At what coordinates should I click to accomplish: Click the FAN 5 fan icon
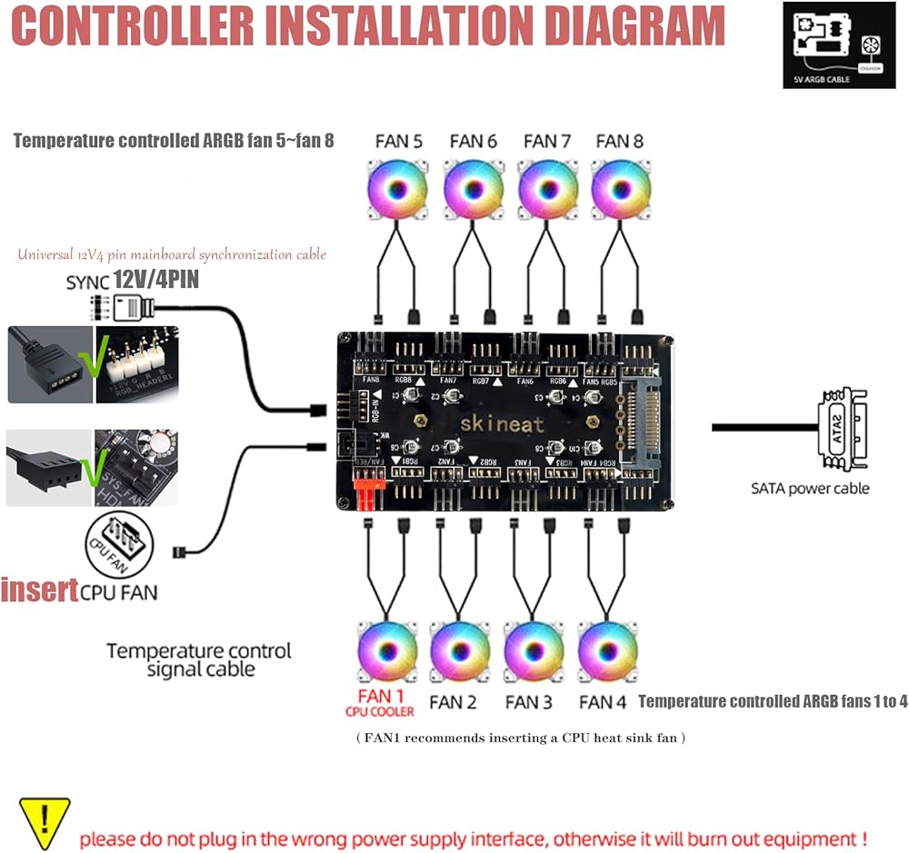pyautogui.click(x=397, y=189)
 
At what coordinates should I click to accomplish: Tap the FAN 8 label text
pyautogui.click(x=619, y=141)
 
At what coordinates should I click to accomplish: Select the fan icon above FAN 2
pyautogui.click(x=460, y=650)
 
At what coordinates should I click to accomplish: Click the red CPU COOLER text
pyautogui.click(x=380, y=711)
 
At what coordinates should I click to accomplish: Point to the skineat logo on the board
pyautogui.click(x=501, y=424)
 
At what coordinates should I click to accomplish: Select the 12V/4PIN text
pyautogui.click(x=155, y=281)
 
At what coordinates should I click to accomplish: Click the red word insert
pyautogui.click(x=39, y=590)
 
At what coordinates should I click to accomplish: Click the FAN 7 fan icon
pyautogui.click(x=546, y=189)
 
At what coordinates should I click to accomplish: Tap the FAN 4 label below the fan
pyautogui.click(x=602, y=702)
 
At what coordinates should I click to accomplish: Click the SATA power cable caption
pyautogui.click(x=810, y=489)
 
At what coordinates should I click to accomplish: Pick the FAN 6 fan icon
pyautogui.click(x=473, y=189)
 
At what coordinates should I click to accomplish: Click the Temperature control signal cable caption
pyautogui.click(x=199, y=660)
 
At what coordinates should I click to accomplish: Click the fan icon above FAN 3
pyautogui.click(x=534, y=650)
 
